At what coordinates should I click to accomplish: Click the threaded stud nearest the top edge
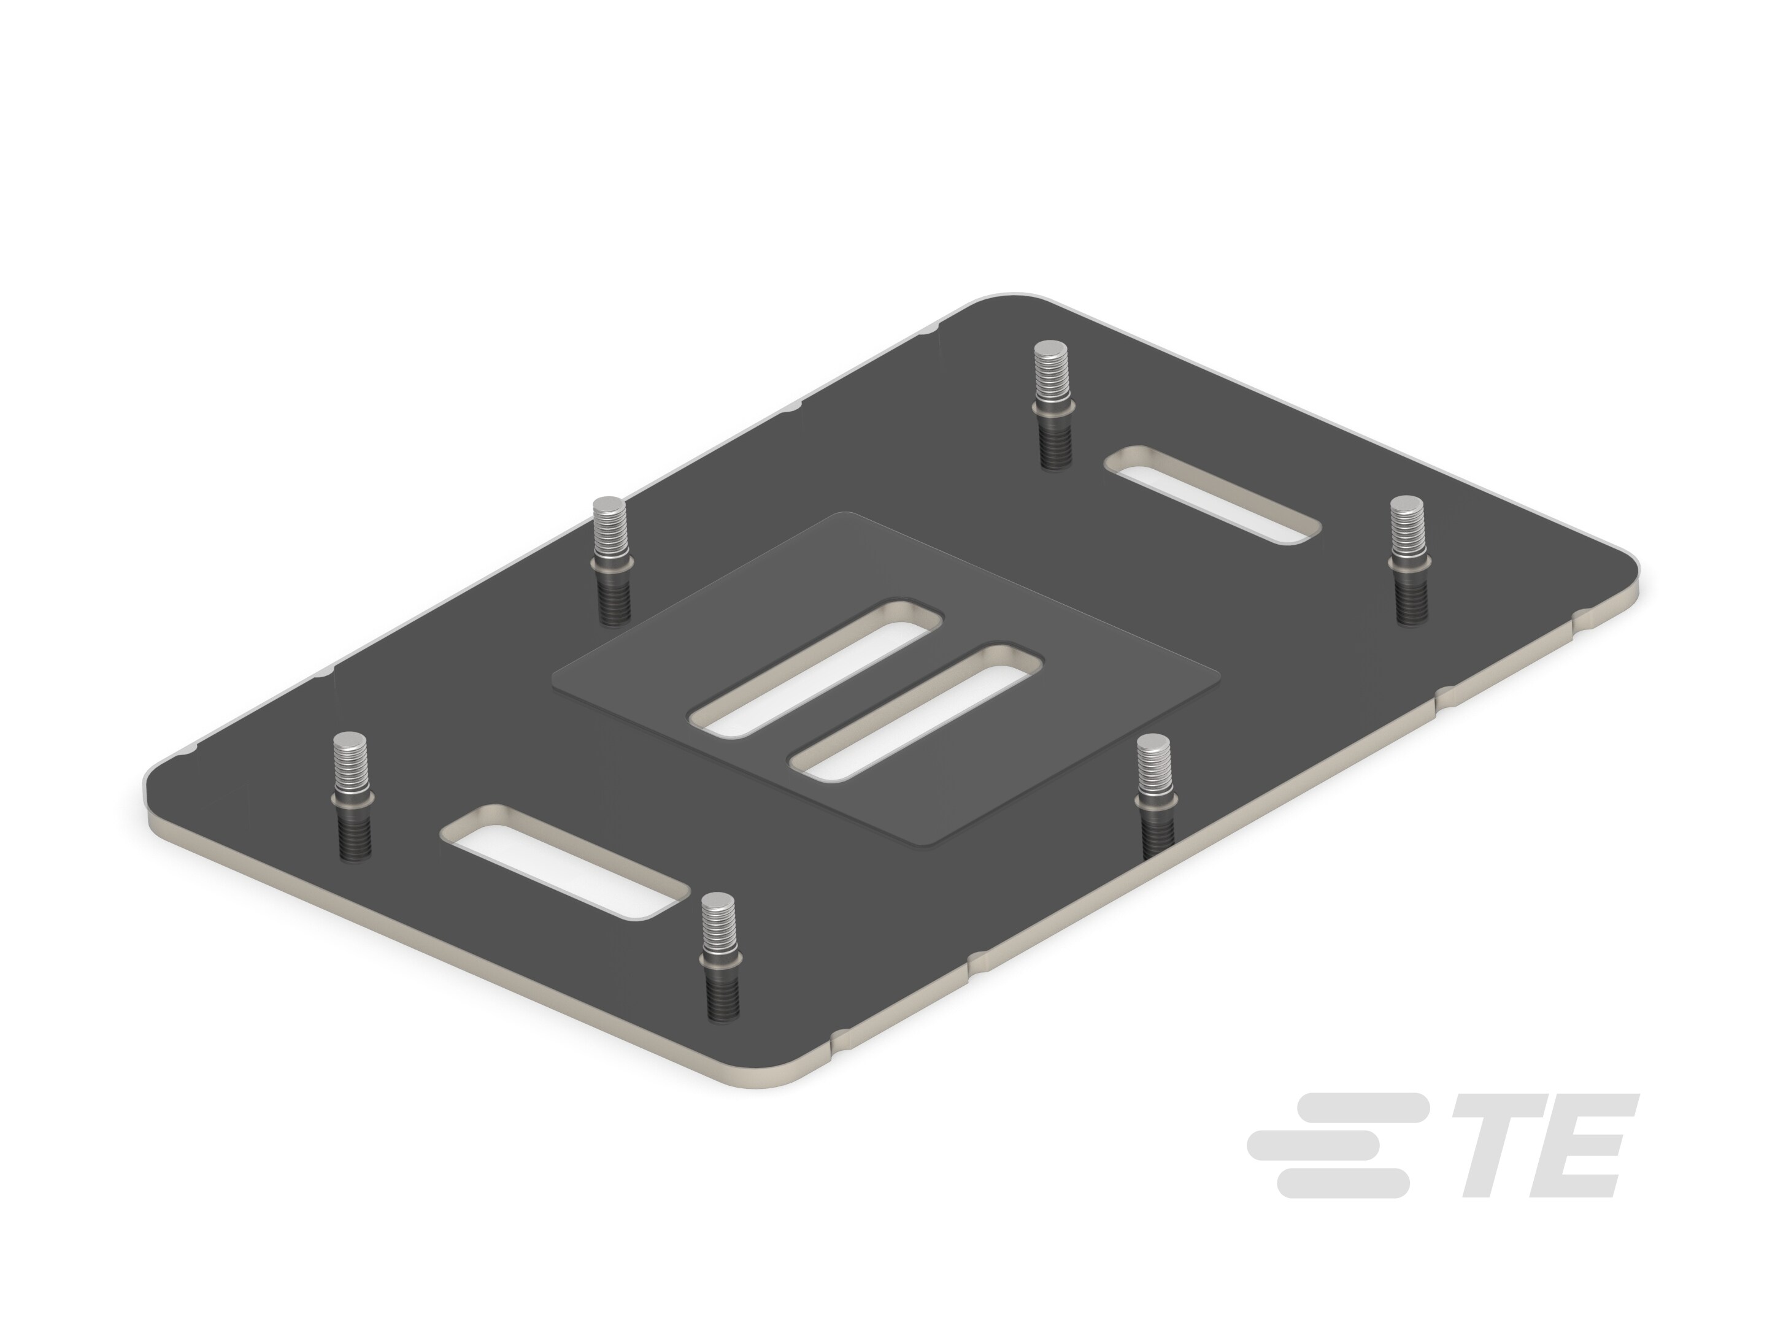(x=1052, y=404)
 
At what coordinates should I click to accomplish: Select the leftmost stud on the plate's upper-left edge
(x=611, y=559)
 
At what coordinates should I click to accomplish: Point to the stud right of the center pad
(x=1155, y=794)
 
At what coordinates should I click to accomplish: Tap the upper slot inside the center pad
(x=815, y=667)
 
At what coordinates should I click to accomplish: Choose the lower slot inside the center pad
(x=916, y=714)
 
